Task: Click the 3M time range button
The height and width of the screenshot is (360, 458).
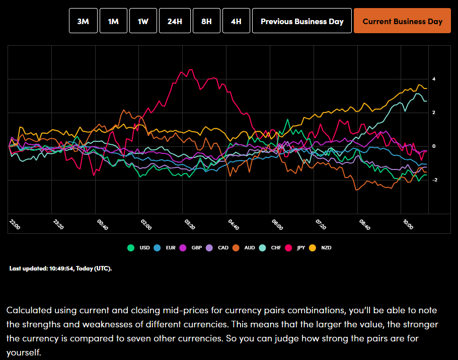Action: point(83,21)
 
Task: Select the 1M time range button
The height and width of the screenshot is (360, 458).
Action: point(113,21)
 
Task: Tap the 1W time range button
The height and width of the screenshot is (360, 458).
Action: point(143,21)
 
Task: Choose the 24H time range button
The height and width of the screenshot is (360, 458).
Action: point(175,21)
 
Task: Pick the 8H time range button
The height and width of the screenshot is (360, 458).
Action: point(206,21)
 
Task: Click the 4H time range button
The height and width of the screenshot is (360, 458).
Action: point(236,21)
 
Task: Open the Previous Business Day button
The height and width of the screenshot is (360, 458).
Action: point(302,21)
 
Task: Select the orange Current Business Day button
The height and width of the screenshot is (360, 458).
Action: point(402,21)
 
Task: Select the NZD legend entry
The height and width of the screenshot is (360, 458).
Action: point(321,247)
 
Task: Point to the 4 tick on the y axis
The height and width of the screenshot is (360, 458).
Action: point(433,79)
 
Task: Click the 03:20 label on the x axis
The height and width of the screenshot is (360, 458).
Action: point(191,224)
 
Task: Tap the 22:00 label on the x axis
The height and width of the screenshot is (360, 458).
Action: point(15,224)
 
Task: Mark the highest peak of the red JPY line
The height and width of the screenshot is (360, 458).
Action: point(190,70)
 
